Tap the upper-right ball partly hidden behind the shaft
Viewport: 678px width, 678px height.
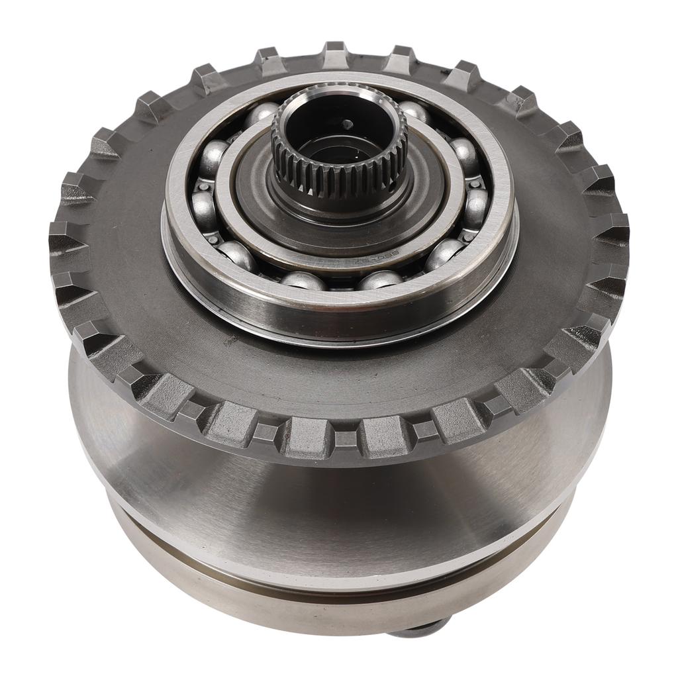[414, 111]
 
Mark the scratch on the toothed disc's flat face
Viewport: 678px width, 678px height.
[231, 341]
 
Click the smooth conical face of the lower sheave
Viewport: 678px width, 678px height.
[331, 503]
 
